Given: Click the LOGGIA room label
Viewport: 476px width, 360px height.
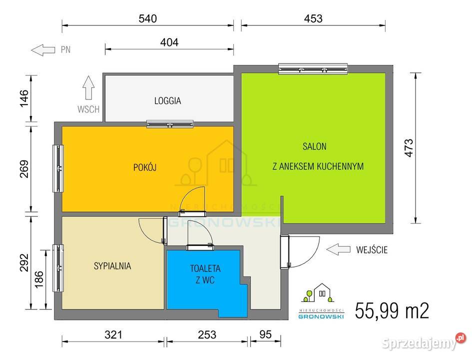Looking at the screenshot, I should coord(167,100).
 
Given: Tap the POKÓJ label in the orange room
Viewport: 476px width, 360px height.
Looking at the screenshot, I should coord(145,167).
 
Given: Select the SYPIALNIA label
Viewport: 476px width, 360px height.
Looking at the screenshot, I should coord(112,266).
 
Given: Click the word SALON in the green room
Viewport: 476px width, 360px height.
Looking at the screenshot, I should coord(314,146).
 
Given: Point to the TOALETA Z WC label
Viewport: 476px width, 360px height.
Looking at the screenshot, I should coord(205,274).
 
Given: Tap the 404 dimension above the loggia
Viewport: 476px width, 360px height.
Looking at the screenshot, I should coord(169,42).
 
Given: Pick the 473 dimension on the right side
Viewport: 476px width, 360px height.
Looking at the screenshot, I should coord(409,148).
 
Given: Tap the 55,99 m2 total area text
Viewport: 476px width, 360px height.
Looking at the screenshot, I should coord(392,310).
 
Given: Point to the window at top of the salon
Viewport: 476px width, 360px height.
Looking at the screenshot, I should coord(313,68).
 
